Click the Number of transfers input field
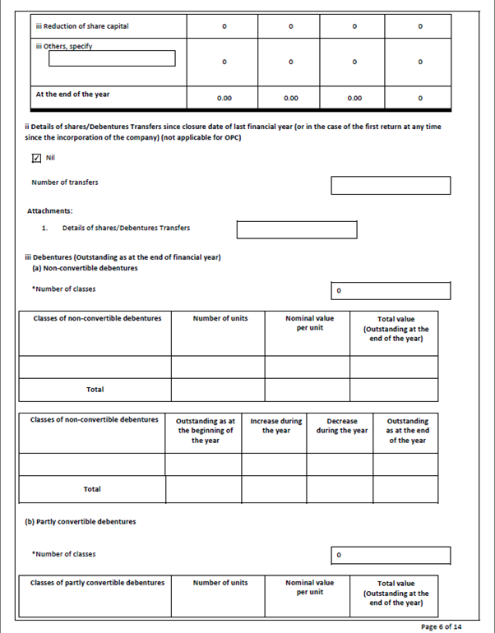coord(391,185)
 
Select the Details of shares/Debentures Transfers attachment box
coord(297,229)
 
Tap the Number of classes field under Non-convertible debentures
coord(391,291)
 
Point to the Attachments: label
coord(50,210)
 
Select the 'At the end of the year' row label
coord(72,94)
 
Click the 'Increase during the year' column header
coord(275,426)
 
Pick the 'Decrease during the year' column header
coord(341,426)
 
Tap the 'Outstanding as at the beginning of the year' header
coord(205,431)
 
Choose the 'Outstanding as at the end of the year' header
coord(406,431)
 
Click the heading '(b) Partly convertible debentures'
coord(83,522)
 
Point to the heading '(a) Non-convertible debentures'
coord(85,268)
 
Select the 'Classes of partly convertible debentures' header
coord(97,583)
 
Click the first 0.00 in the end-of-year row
coord(224,98)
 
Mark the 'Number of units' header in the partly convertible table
coord(220,583)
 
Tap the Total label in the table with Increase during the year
coord(92,489)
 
